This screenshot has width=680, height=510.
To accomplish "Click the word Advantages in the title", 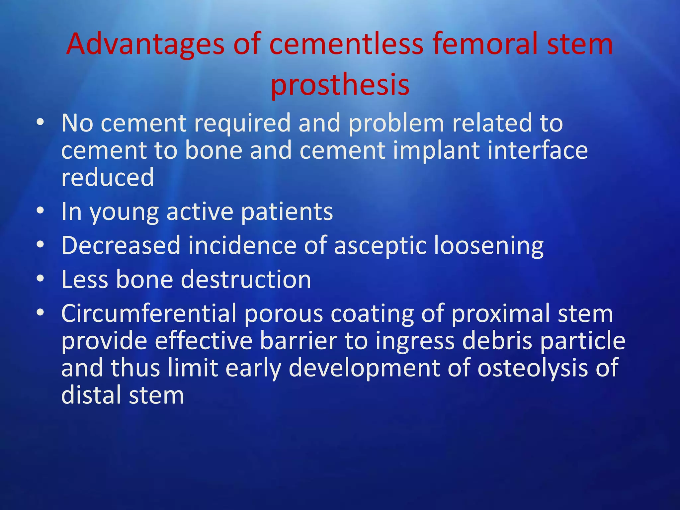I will [x=145, y=44].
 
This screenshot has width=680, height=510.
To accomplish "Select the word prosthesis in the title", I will [x=340, y=85].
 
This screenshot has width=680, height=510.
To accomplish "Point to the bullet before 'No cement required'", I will [x=40, y=123].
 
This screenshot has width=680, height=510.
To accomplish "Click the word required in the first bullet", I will [x=242, y=123].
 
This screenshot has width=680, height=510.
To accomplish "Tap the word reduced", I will [x=108, y=177].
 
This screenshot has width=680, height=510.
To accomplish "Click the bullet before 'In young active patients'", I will [x=40, y=211].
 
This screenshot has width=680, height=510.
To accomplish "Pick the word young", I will [x=124, y=212].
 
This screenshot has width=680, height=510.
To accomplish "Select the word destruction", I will [x=246, y=280].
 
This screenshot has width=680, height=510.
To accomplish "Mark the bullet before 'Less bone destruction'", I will [x=40, y=279].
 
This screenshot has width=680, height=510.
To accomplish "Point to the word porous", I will [x=284, y=314].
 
